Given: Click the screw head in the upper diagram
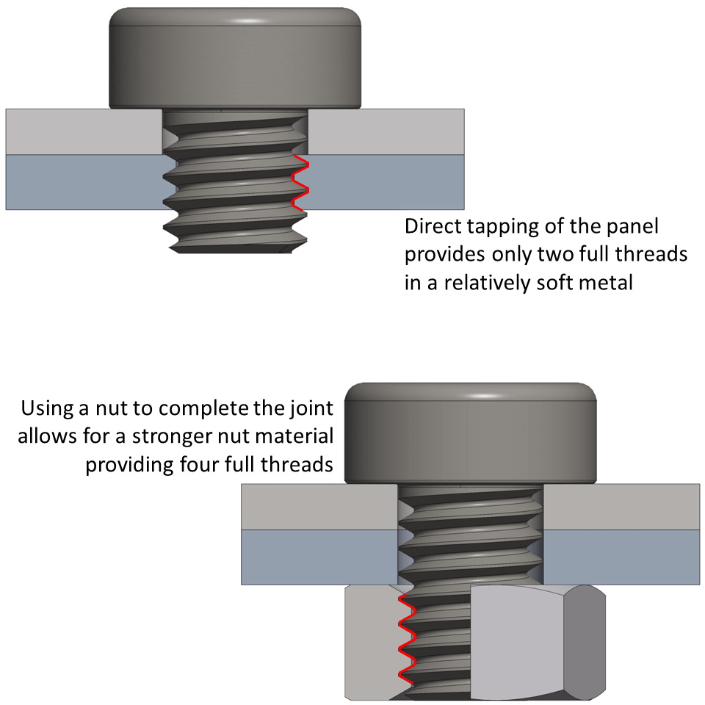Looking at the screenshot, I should [235, 59].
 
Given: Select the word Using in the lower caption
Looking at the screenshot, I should [48, 408].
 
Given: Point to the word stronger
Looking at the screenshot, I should [173, 436].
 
